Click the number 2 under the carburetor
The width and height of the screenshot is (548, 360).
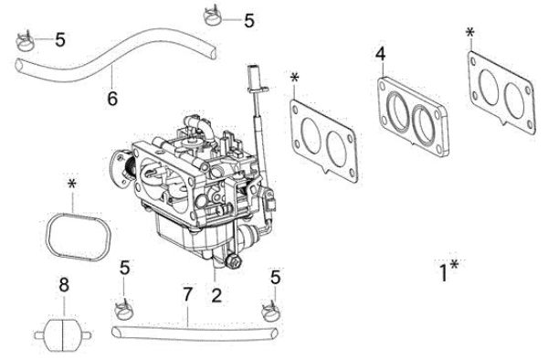coord(216,294)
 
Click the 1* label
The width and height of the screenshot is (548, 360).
coord(448,271)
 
